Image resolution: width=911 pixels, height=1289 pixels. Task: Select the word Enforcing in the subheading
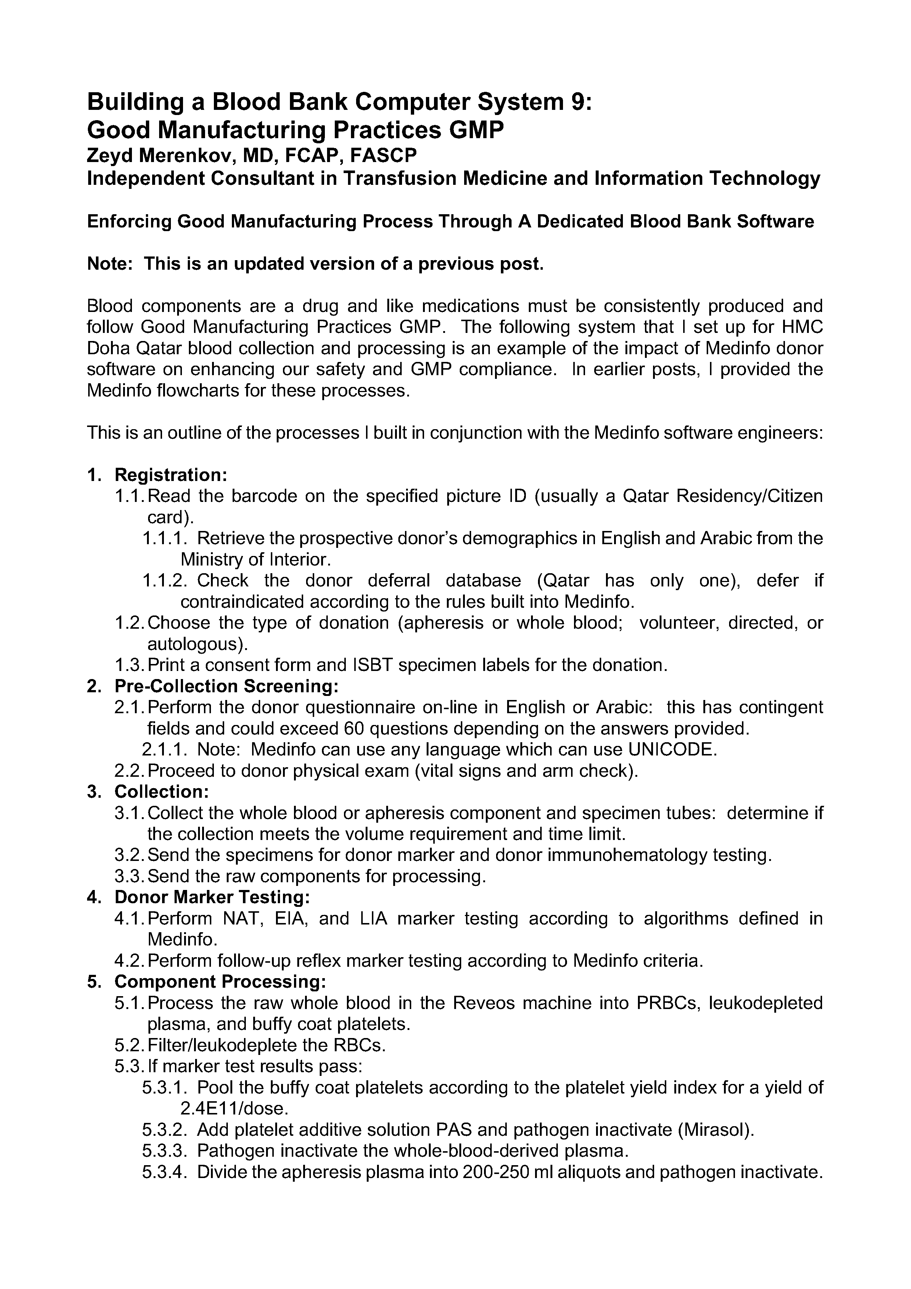129,222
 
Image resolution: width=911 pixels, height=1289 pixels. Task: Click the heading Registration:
171,475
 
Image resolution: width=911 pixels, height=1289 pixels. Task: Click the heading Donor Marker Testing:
212,897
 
